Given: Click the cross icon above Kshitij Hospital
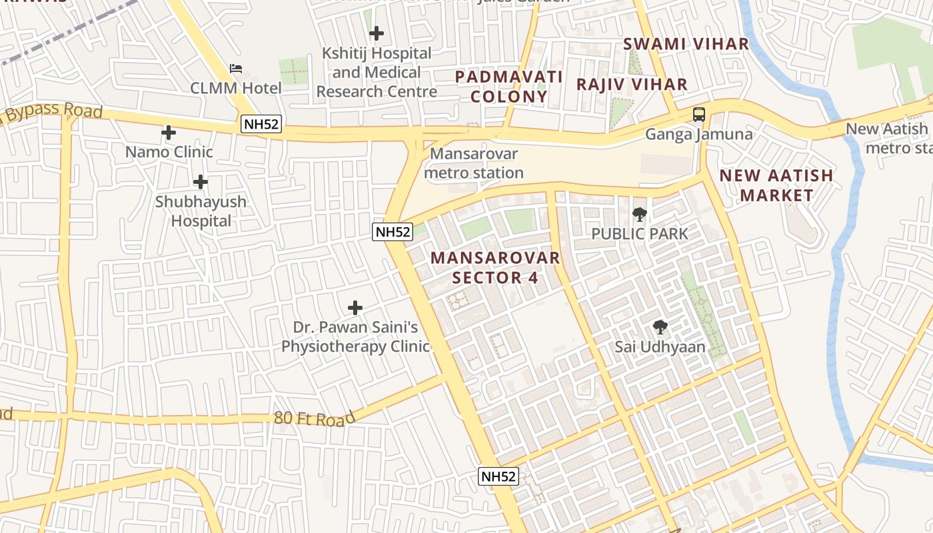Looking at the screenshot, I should pos(377,33).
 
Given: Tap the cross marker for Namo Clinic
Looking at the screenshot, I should pos(169,133).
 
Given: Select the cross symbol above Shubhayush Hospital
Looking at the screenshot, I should pos(201,182).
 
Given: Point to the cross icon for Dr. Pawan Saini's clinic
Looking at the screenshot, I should pos(356,308).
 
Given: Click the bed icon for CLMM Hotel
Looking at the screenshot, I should pos(236,68).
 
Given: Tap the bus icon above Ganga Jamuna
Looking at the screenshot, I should pos(698,115).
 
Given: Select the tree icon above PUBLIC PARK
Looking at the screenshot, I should pos(639,215).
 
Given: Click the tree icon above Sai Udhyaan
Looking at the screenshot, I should pos(660,327).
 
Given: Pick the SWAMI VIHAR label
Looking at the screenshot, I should pos(686,44).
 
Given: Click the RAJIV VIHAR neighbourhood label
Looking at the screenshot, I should pos(632,85).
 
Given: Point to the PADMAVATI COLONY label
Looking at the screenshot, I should pos(509,87).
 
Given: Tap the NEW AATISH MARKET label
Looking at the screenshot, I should pos(776,185).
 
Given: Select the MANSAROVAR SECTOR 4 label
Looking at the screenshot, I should pos(495,268).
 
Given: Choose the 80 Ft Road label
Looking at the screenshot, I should pos(315,419).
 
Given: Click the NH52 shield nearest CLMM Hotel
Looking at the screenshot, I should pos(261,124).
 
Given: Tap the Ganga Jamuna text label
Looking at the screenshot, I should pos(698,135).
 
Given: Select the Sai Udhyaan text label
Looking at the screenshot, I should pos(660,347).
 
